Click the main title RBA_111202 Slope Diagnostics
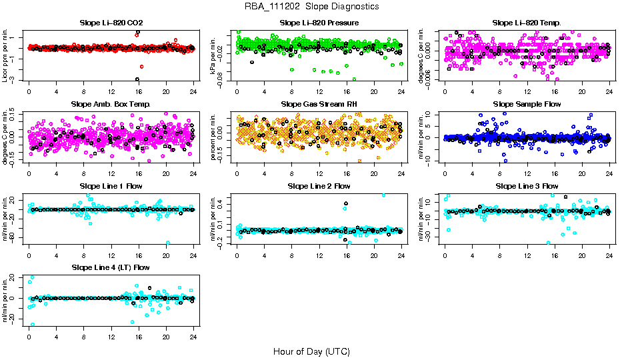311,6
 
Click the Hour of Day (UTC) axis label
311,351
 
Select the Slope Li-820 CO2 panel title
111,23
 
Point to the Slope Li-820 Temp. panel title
527,23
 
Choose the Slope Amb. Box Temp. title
111,105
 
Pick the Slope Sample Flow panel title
527,105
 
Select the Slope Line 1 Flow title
111,186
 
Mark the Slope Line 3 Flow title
527,186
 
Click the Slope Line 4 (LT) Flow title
111,267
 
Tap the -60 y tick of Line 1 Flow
13,237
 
